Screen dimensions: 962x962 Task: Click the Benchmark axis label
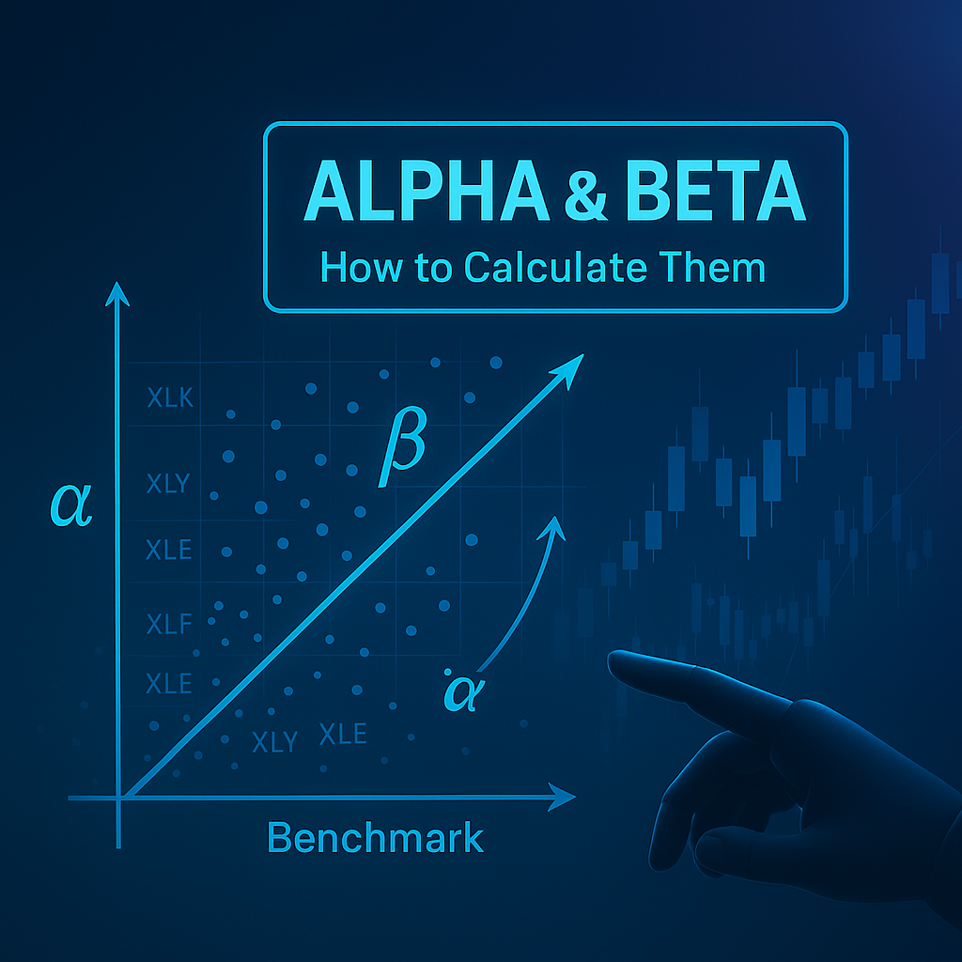[375, 836]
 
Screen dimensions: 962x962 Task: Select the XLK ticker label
[170, 398]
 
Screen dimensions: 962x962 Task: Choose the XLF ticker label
[169, 623]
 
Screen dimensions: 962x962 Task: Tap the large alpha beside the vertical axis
[71, 504]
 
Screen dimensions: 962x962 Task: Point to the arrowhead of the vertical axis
[117, 294]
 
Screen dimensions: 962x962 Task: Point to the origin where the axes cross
[119, 798]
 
